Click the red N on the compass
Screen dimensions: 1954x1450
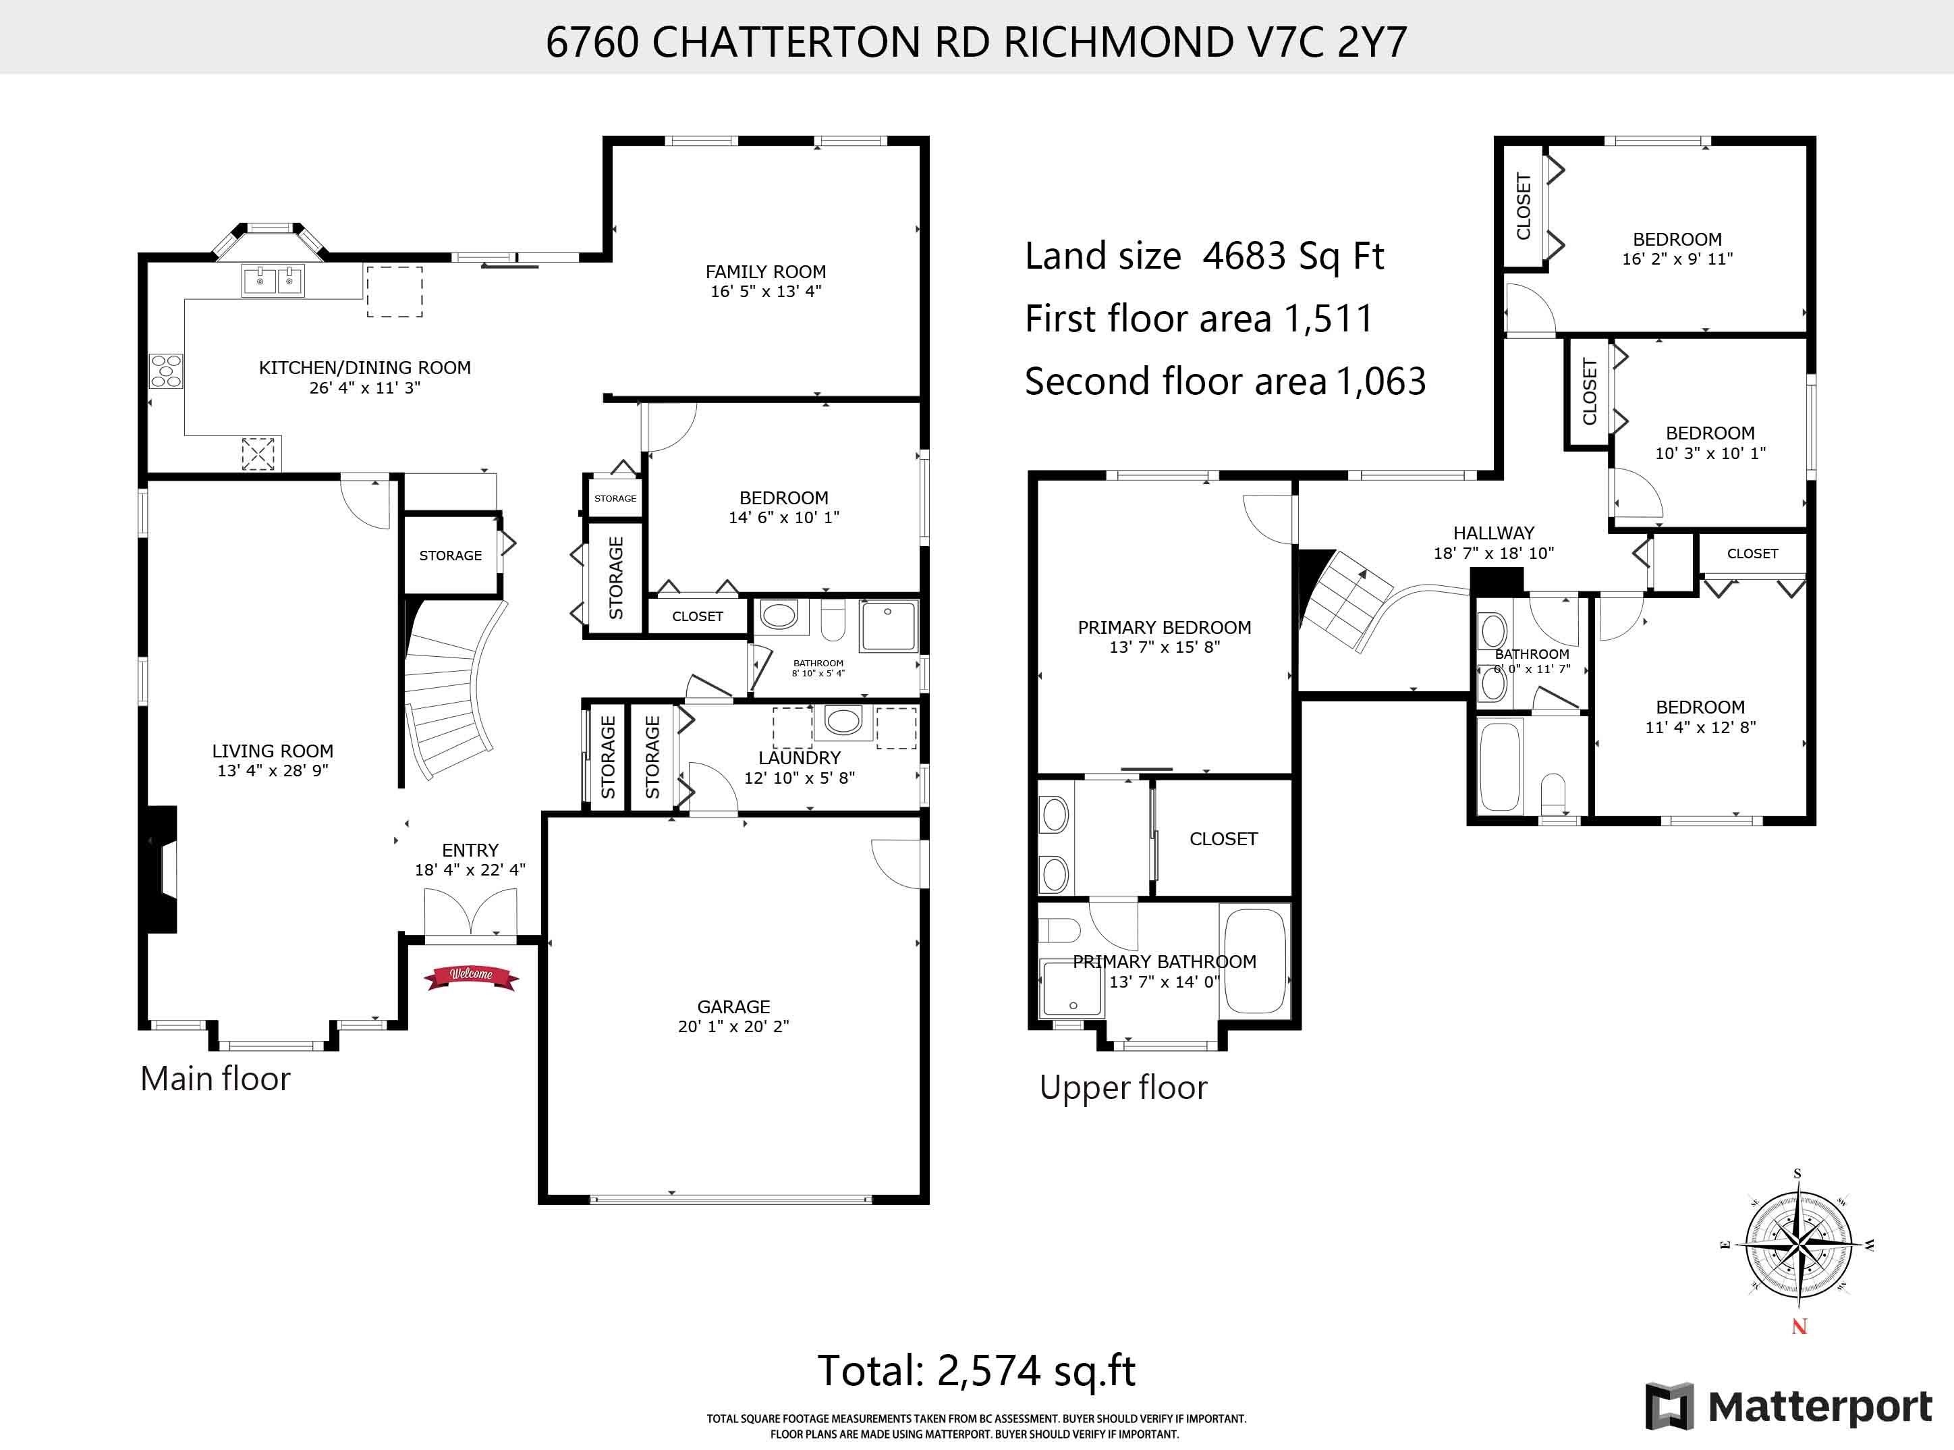pos(1799,1327)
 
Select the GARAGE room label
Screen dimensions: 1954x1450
pos(733,1006)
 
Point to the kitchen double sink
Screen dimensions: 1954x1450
pos(273,281)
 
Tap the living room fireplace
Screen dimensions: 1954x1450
pos(161,869)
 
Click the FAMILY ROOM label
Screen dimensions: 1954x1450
pos(766,272)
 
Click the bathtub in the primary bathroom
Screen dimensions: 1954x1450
pos(1254,960)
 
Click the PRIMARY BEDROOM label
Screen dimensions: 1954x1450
pos(1165,628)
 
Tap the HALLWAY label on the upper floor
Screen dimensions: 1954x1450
pos(1493,533)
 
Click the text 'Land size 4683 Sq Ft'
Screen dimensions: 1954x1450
pos(1204,257)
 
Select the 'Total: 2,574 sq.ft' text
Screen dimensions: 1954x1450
pos(976,1370)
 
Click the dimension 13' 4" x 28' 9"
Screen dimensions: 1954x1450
pos(273,771)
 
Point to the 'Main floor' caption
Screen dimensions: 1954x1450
pos(215,1079)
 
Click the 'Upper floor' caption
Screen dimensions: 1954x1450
pos(1123,1087)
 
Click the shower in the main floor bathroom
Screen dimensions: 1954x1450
pos(888,626)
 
